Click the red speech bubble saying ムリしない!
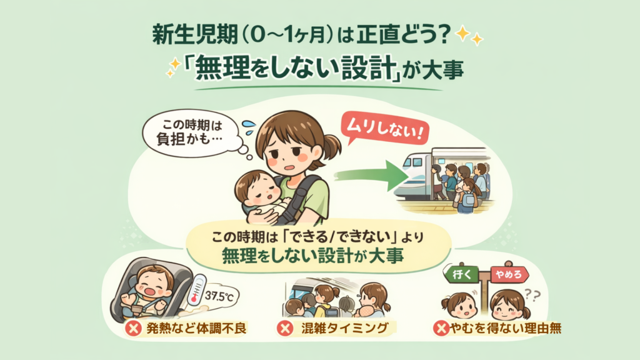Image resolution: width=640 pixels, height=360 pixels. tap(379, 132)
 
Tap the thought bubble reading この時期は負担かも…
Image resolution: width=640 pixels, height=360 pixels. tap(186, 132)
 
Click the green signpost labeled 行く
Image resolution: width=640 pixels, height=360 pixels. tap(461, 274)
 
